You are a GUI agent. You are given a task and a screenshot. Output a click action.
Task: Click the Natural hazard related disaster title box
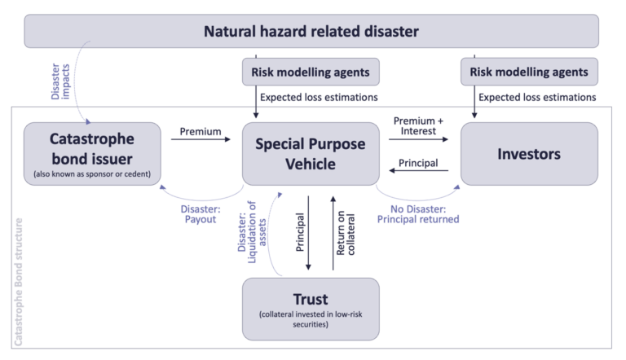click(x=312, y=32)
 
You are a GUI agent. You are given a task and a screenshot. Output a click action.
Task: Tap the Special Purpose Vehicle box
click(x=311, y=152)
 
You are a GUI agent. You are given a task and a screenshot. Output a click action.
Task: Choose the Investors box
click(x=529, y=152)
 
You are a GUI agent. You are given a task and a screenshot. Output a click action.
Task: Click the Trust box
click(x=311, y=308)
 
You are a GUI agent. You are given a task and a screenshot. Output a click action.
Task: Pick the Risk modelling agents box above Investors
click(x=529, y=72)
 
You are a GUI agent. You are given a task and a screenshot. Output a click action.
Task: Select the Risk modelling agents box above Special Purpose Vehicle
click(x=311, y=72)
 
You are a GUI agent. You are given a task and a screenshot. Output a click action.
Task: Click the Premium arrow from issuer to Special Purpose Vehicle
click(x=201, y=140)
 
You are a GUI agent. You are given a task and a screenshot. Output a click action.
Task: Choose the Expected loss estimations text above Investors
click(x=538, y=98)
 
